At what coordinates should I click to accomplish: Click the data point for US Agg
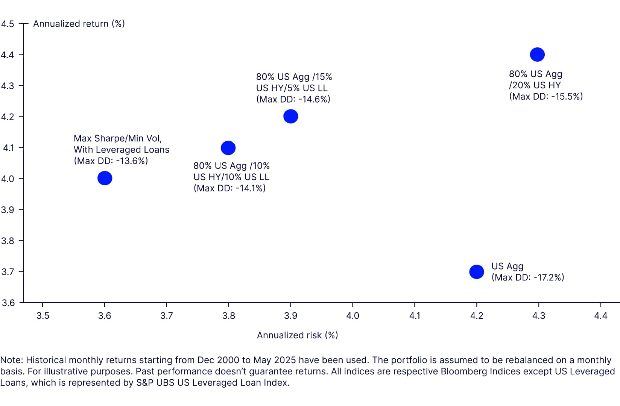(476, 271)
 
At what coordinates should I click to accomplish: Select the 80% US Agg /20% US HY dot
(537, 55)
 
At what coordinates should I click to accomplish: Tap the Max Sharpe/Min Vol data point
(105, 178)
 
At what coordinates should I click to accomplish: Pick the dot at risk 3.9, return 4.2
(290, 116)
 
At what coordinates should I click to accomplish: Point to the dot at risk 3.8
(228, 148)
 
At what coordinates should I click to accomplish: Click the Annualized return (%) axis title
(79, 24)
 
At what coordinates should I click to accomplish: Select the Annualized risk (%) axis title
(297, 335)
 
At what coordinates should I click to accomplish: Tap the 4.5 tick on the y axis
(8, 24)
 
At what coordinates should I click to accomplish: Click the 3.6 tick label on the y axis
(8, 303)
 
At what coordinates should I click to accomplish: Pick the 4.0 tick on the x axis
(353, 315)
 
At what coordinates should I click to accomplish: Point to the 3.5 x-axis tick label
(43, 315)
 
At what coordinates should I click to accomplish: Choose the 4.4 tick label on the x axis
(600, 315)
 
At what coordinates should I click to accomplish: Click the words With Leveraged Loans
(122, 150)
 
